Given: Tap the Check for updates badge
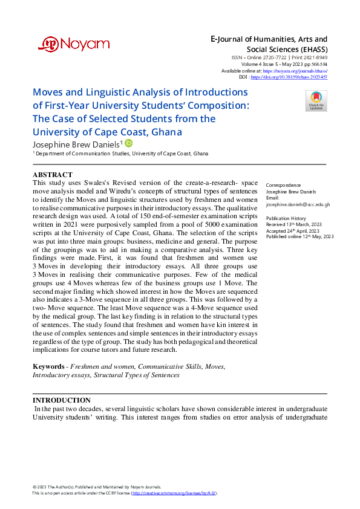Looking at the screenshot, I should pyautogui.click(x=316, y=100).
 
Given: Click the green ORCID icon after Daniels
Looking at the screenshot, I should pyautogui.click(x=128, y=143).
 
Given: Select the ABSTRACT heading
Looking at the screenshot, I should pyautogui.click(x=54, y=175).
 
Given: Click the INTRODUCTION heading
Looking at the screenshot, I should pyautogui.click(x=61, y=400).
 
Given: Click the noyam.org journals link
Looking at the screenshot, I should pyautogui.click(x=303, y=71).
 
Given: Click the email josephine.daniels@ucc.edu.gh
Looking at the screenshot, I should pyautogui.click(x=298, y=204).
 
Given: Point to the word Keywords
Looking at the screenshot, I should pyautogui.click(x=48, y=366).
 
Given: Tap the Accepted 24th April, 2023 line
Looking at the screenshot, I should pyautogui.click(x=293, y=230).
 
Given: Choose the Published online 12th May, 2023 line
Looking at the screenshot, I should pyautogui.click(x=299, y=237).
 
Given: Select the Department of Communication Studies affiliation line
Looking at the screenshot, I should pyautogui.click(x=122, y=154).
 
